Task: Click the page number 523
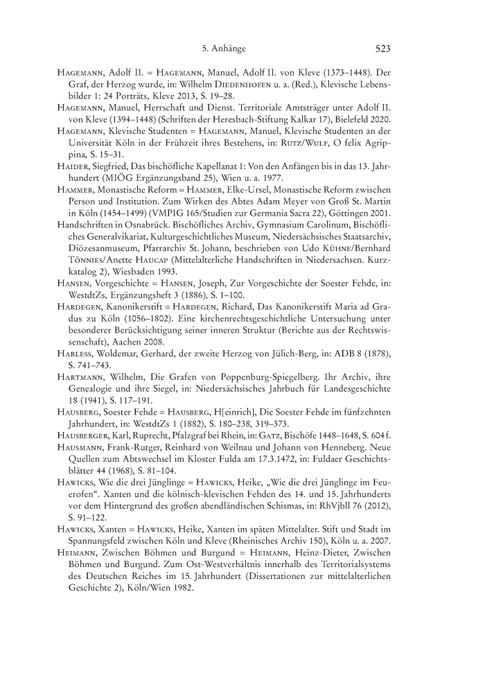pos(384,49)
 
